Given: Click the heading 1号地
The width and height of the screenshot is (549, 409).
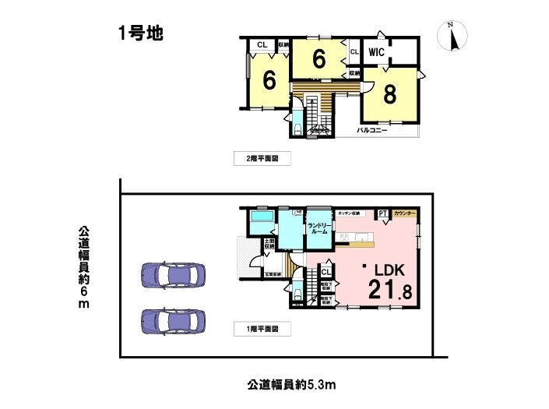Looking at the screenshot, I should click(x=139, y=33).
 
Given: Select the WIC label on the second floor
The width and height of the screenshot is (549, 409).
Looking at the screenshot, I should click(x=378, y=52).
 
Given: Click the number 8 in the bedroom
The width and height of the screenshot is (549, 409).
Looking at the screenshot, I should click(x=389, y=94).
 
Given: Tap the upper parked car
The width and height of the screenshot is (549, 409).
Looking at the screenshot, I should click(x=173, y=275).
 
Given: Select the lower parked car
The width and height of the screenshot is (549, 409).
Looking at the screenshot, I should click(x=173, y=320).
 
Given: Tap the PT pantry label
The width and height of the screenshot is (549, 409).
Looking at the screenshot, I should click(x=382, y=213).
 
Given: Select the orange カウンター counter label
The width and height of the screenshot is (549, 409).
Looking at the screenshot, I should click(x=404, y=213).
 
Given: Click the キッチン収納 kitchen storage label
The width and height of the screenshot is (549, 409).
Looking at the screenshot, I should click(x=348, y=213).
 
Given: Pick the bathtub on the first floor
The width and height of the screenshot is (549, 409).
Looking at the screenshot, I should click(x=262, y=215).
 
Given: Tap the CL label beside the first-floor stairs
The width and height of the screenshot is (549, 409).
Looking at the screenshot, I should click(x=325, y=272).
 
